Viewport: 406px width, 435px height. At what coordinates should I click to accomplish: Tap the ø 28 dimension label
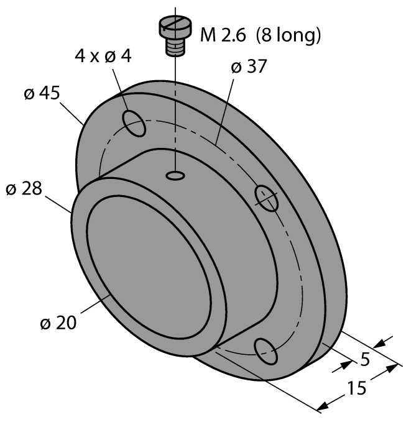(24, 188)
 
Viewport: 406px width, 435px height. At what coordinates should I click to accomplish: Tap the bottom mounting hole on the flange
(265, 350)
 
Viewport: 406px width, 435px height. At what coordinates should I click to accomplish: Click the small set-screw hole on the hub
(175, 177)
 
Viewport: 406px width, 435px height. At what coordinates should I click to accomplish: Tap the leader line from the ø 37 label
(224, 109)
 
